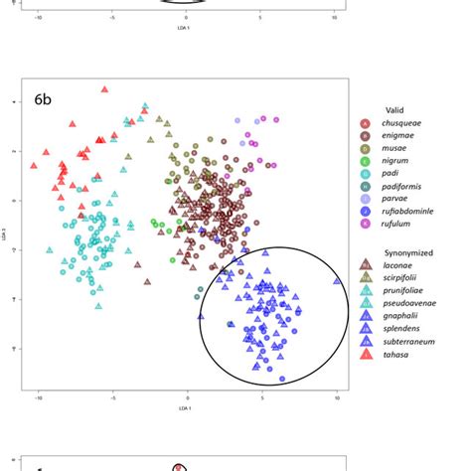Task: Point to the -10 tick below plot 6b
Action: point(39,396)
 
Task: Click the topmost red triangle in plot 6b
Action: point(104,89)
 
